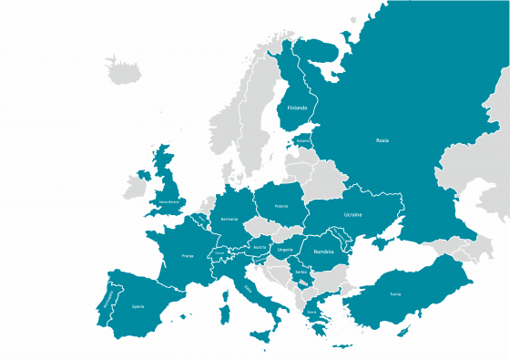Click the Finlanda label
click(297, 108)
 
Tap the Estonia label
click(303, 141)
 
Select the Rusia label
click(382, 139)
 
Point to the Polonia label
click(280, 206)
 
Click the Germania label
click(229, 219)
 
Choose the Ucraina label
click(352, 214)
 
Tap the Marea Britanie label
click(170, 201)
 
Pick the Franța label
click(189, 256)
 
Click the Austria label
click(259, 246)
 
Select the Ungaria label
click(285, 248)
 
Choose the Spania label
click(138, 306)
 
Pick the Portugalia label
click(108, 299)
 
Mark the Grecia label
click(311, 311)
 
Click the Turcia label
click(394, 293)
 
